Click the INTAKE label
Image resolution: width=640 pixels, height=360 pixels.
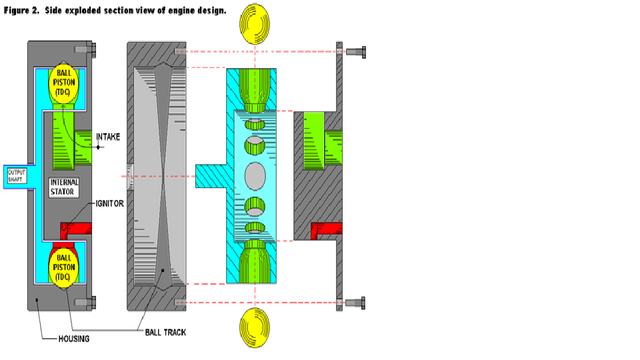107,137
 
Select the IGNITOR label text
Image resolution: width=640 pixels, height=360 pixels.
110,203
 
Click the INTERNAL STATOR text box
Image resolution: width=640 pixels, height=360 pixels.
64,187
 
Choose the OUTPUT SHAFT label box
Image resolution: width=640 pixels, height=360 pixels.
16,176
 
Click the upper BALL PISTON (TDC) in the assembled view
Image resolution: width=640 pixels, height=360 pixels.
64,85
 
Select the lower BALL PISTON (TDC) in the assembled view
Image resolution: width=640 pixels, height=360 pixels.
64,267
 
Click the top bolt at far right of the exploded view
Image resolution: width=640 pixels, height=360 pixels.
354,51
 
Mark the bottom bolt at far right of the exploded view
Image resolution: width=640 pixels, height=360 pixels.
354,302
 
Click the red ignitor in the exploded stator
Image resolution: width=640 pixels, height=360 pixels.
327,230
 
